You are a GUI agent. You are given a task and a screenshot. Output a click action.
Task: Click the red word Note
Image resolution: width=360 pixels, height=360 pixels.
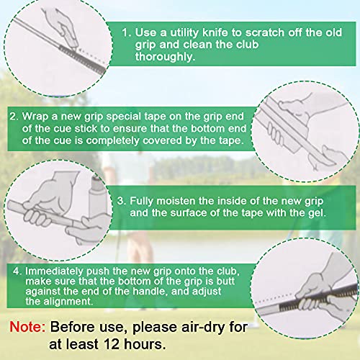point(27,327)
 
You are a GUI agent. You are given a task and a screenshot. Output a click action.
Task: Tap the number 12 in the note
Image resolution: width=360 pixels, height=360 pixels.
point(112,344)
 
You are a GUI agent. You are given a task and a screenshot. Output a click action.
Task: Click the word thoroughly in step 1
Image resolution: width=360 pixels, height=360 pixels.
point(165,57)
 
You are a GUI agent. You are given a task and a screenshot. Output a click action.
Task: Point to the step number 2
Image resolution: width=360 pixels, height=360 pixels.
point(14,117)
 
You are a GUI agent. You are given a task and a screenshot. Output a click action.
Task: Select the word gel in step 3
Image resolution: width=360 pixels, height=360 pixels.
point(318,213)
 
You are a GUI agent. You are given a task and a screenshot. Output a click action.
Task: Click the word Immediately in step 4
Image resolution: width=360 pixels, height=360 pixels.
point(55,271)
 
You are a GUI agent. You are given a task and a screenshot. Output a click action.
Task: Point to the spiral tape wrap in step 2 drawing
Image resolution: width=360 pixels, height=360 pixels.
point(274,132)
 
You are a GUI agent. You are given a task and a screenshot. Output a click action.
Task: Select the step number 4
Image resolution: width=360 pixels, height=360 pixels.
point(17,271)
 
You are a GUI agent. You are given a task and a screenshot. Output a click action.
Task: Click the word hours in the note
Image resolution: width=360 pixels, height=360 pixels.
point(145,344)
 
